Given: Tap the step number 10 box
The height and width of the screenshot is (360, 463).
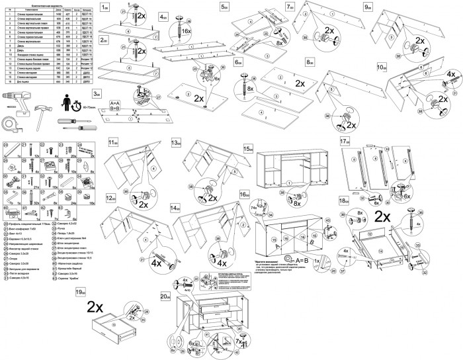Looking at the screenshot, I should point(382,67).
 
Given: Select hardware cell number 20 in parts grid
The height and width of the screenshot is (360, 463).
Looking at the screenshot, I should point(6,144).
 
